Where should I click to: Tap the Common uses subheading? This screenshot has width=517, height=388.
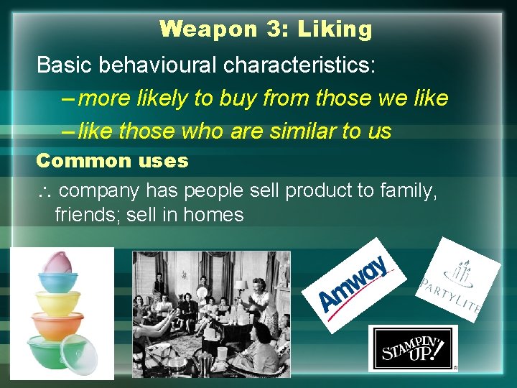pyautogui.click(x=112, y=160)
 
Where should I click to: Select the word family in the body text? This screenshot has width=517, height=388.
pyautogui.click(x=404, y=191)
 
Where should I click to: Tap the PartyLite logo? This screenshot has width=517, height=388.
pyautogui.click(x=457, y=280)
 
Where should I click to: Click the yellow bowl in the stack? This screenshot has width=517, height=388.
pyautogui.click(x=58, y=301)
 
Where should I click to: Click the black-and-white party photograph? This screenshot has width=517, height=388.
pyautogui.click(x=211, y=313)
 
